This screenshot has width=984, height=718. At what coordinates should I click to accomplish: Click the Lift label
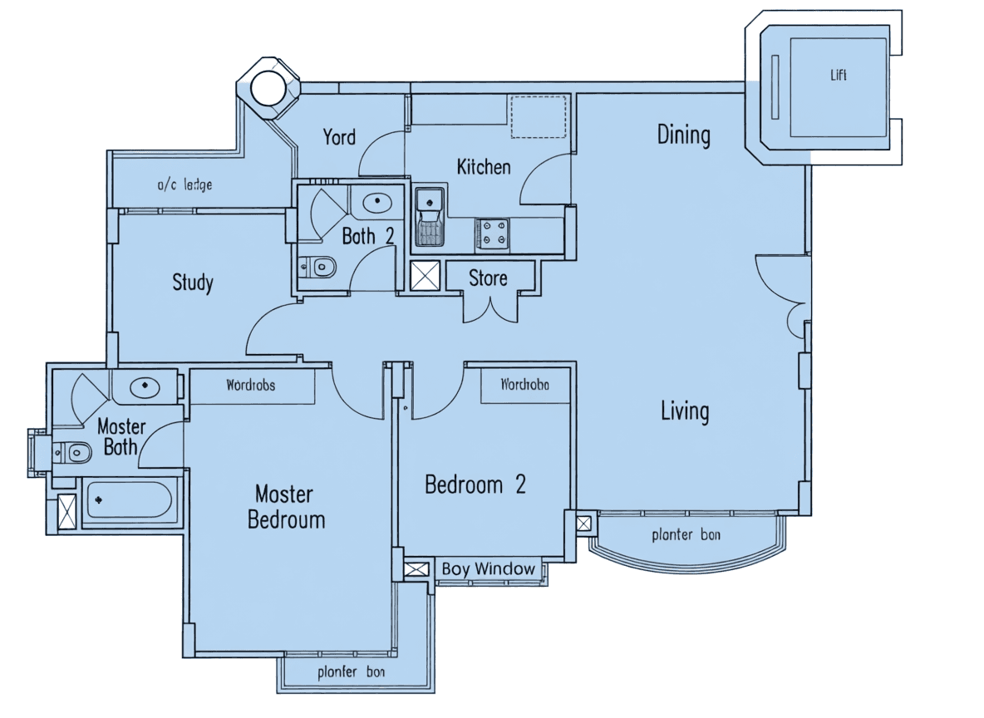click(x=839, y=75)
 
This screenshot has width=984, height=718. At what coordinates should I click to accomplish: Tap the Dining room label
click(x=683, y=135)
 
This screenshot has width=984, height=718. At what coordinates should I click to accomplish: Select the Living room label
click(x=685, y=411)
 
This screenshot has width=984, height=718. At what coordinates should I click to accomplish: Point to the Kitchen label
click(x=483, y=167)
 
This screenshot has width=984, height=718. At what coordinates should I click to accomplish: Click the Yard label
click(x=339, y=137)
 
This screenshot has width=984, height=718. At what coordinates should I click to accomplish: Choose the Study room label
click(x=193, y=283)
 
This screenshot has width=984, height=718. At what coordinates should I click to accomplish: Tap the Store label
click(x=488, y=278)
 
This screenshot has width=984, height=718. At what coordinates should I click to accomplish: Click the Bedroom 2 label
click(x=475, y=484)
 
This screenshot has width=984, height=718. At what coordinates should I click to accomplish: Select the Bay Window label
click(x=488, y=569)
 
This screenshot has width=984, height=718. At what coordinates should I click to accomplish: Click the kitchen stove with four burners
click(x=492, y=234)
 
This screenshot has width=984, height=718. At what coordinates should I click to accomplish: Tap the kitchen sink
click(x=430, y=217)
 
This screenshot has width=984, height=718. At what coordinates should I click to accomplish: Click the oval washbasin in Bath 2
click(x=377, y=202)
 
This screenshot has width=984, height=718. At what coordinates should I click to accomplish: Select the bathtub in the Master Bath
click(x=129, y=500)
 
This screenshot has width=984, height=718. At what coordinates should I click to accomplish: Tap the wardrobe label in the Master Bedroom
click(x=250, y=386)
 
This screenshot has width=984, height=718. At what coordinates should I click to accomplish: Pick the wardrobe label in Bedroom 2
click(x=524, y=384)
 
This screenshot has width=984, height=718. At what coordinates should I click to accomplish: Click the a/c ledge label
click(x=184, y=184)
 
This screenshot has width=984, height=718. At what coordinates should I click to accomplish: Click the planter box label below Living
click(x=686, y=534)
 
